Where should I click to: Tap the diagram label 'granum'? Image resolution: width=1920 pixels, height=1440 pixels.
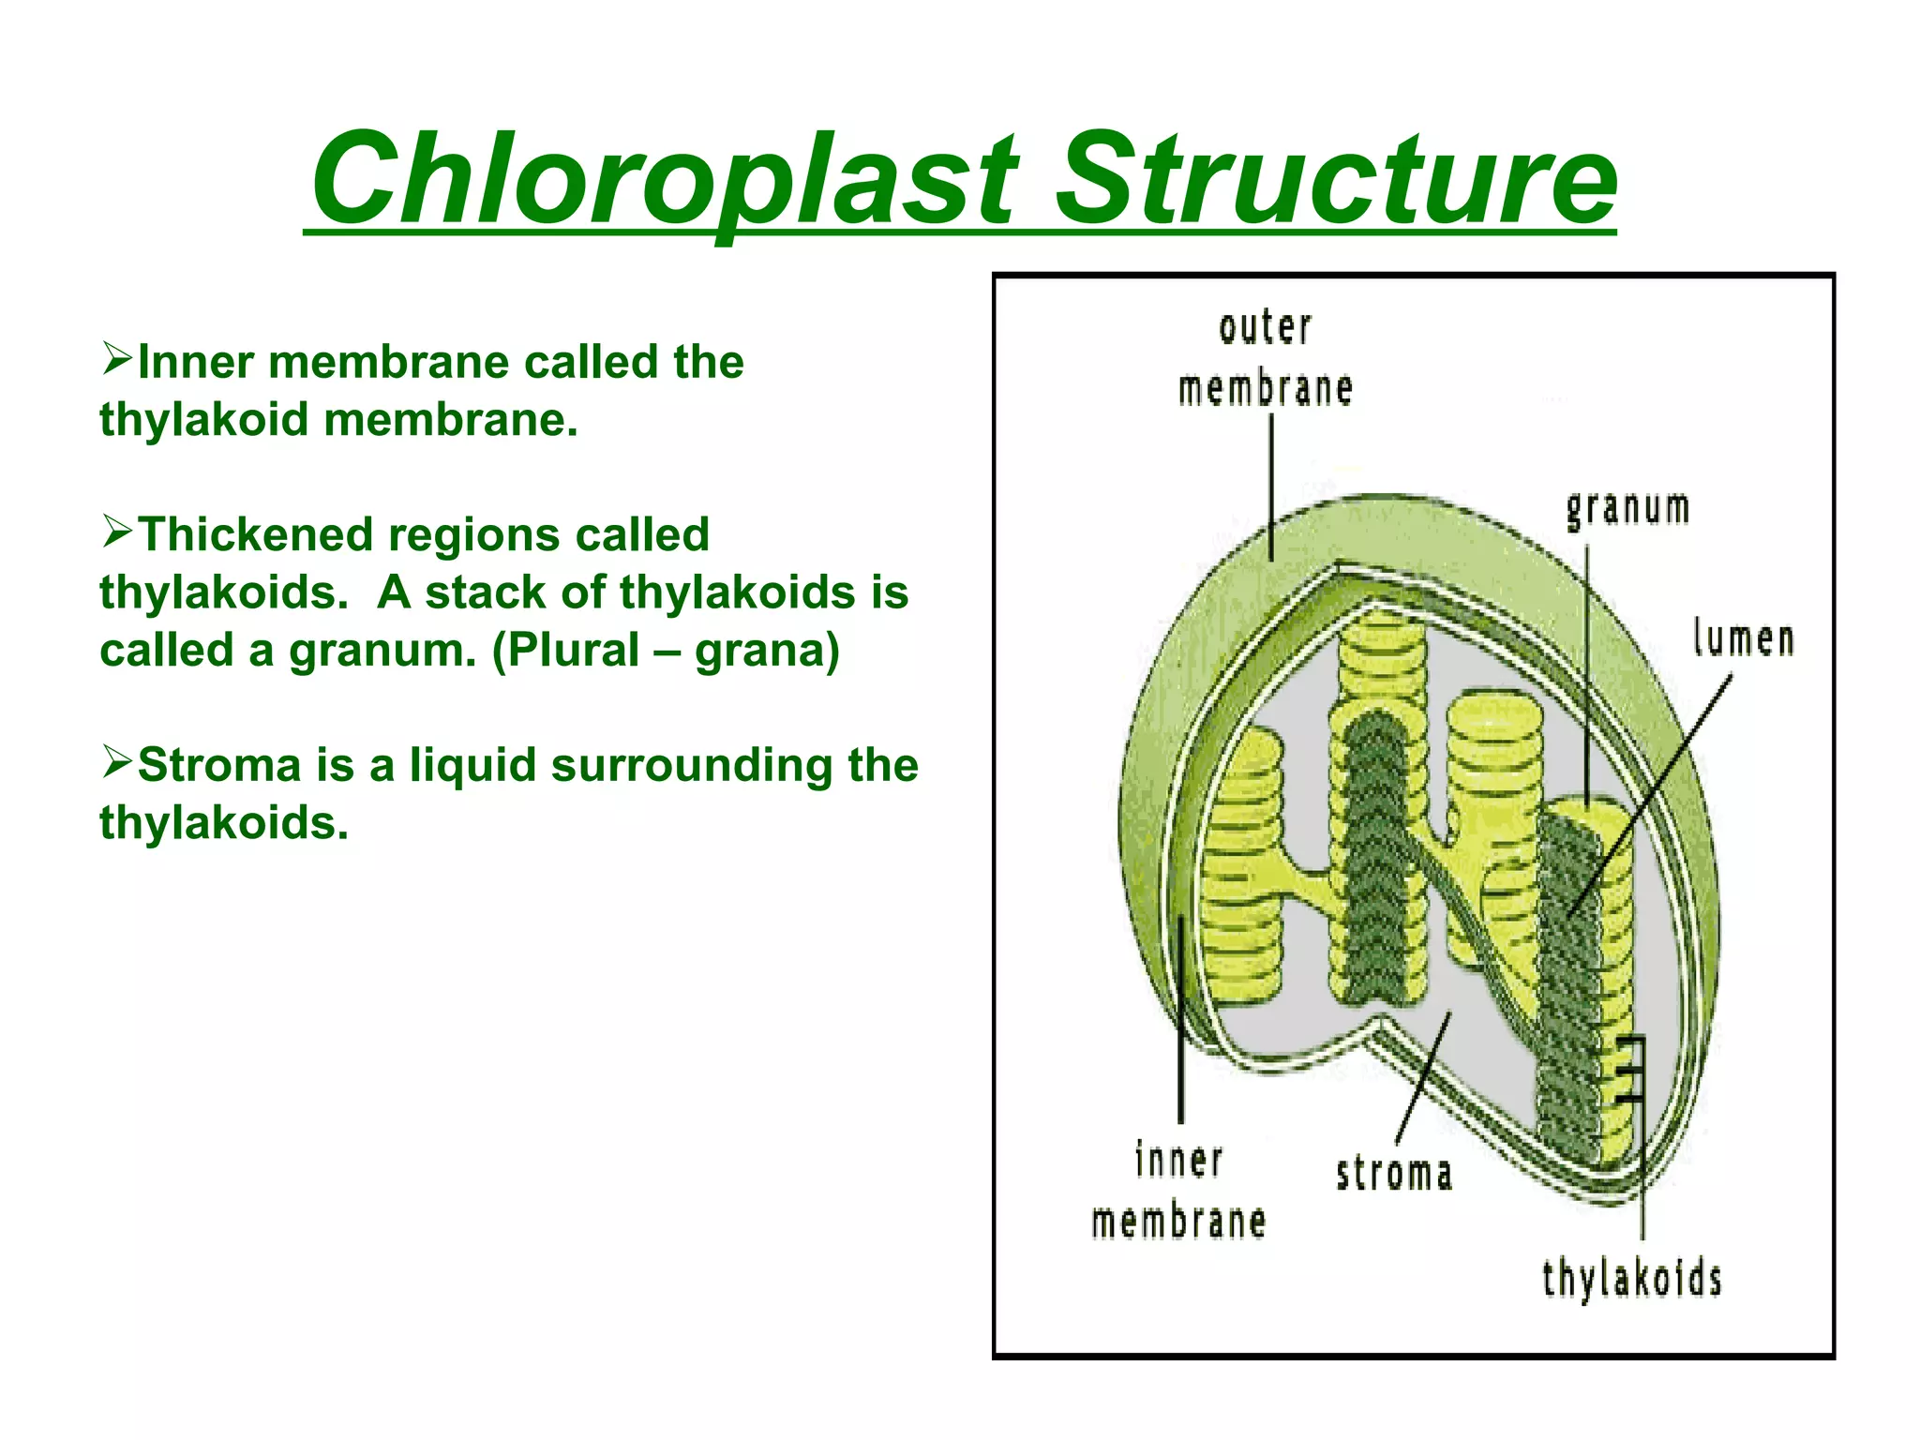[x=1628, y=509]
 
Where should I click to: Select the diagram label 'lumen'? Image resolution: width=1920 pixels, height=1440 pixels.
[x=1743, y=639]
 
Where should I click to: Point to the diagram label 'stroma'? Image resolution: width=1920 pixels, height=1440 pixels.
[x=1394, y=1174]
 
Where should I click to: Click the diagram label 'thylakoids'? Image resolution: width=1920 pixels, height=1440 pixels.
[x=1631, y=1279]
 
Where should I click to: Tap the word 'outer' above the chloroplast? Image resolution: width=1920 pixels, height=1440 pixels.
[x=1265, y=327]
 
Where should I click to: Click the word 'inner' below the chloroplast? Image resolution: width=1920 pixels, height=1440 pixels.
[x=1178, y=1161]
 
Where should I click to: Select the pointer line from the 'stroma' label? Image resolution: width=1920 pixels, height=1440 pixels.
[x=1422, y=1078]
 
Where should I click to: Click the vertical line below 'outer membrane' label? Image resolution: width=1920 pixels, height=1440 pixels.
[x=1271, y=487]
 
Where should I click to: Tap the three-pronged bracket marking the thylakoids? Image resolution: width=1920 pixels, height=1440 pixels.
[x=1631, y=1069]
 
